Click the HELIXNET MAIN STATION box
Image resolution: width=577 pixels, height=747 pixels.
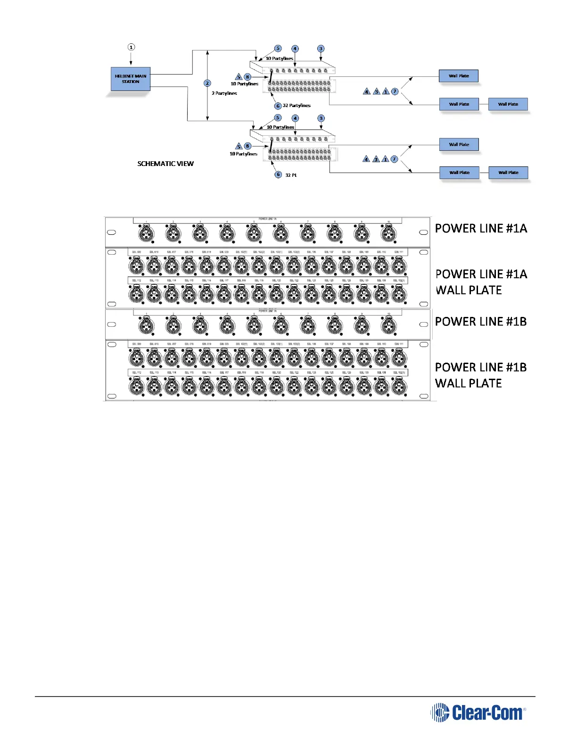coord(131,79)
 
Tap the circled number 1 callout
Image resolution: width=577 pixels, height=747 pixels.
coord(131,47)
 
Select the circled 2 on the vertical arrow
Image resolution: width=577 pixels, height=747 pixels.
coord(207,83)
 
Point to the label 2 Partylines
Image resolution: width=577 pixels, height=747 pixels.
coord(224,93)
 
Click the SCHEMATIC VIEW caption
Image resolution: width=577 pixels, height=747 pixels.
coord(165,164)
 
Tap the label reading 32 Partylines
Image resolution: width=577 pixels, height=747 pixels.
coord(297,106)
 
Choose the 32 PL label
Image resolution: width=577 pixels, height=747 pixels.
coord(291,175)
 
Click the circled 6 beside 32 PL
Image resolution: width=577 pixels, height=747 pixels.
coord(278,174)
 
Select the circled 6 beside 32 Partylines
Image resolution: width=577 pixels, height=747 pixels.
coord(278,106)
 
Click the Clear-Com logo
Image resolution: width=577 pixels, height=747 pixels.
coord(478,713)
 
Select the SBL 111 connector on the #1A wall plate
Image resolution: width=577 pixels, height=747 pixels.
coord(399,266)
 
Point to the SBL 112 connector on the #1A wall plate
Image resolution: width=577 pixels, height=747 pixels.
coord(137,295)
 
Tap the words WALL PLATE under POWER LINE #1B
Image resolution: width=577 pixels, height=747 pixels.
coord(468,383)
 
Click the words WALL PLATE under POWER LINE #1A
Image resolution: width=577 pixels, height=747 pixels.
coord(468,290)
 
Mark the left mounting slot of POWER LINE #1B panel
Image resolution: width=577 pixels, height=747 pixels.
coord(112,324)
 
